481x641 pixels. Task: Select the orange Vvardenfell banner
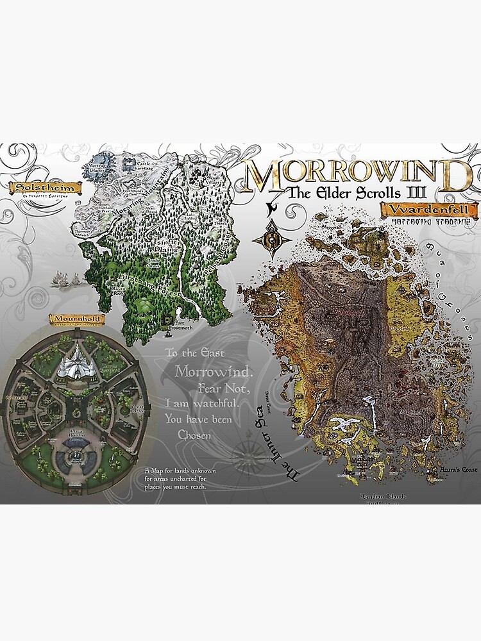429,210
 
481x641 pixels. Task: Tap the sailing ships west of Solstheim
66,279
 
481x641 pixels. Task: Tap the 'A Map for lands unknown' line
180,471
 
